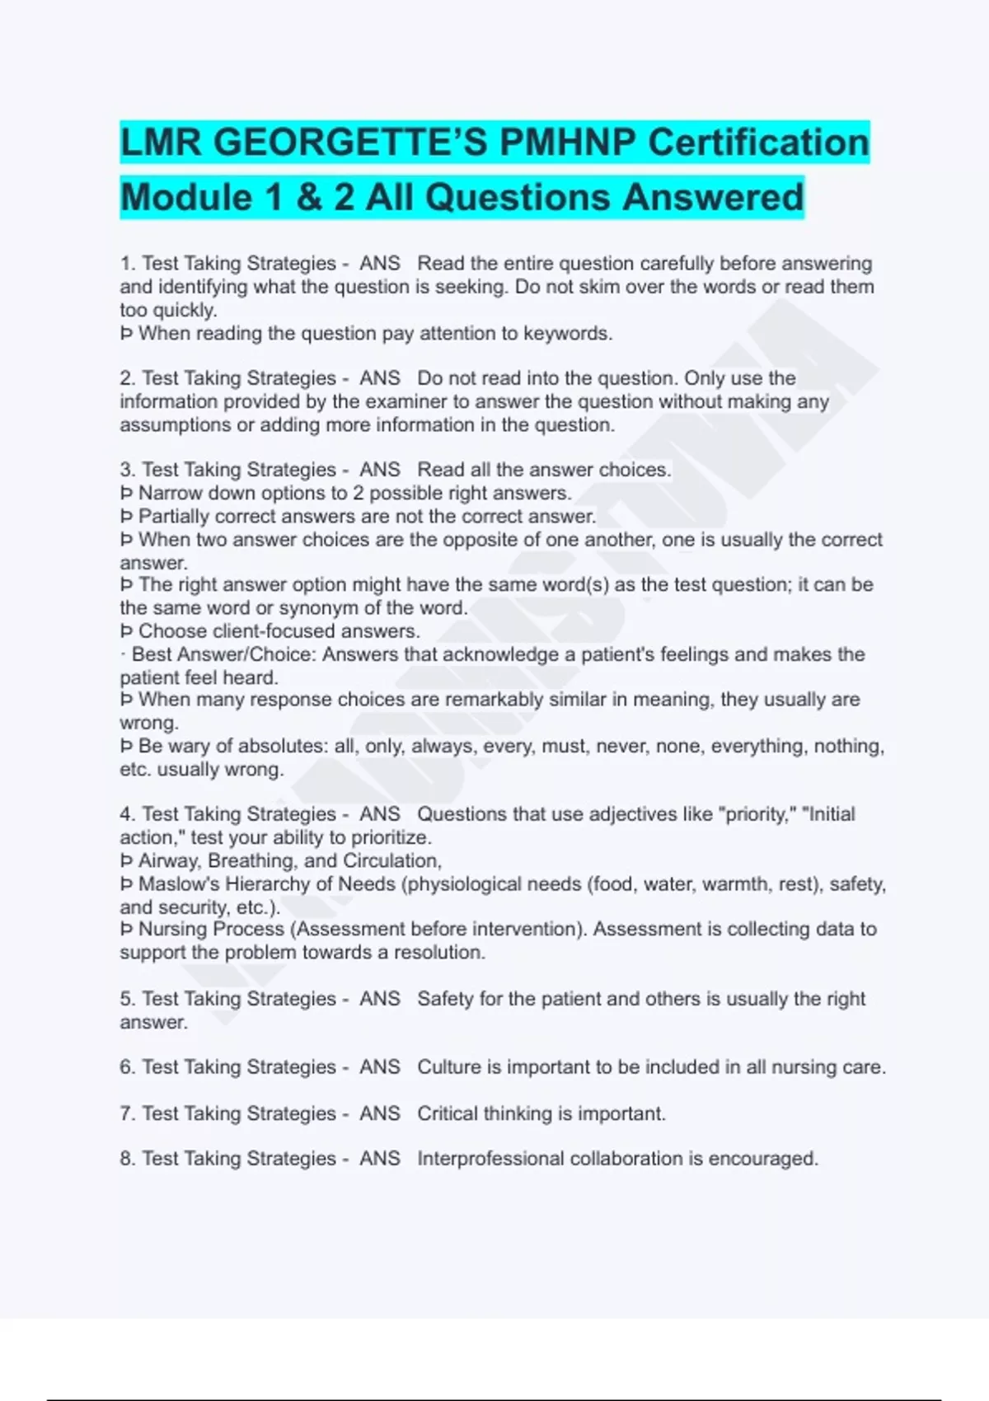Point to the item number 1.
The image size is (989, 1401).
pyautogui.click(x=126, y=264)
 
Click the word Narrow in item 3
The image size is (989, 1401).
pyautogui.click(x=169, y=494)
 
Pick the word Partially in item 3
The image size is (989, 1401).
pyautogui.click(x=173, y=517)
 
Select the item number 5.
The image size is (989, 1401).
pyautogui.click(x=126, y=999)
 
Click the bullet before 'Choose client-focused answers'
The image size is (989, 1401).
pyautogui.click(x=126, y=632)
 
